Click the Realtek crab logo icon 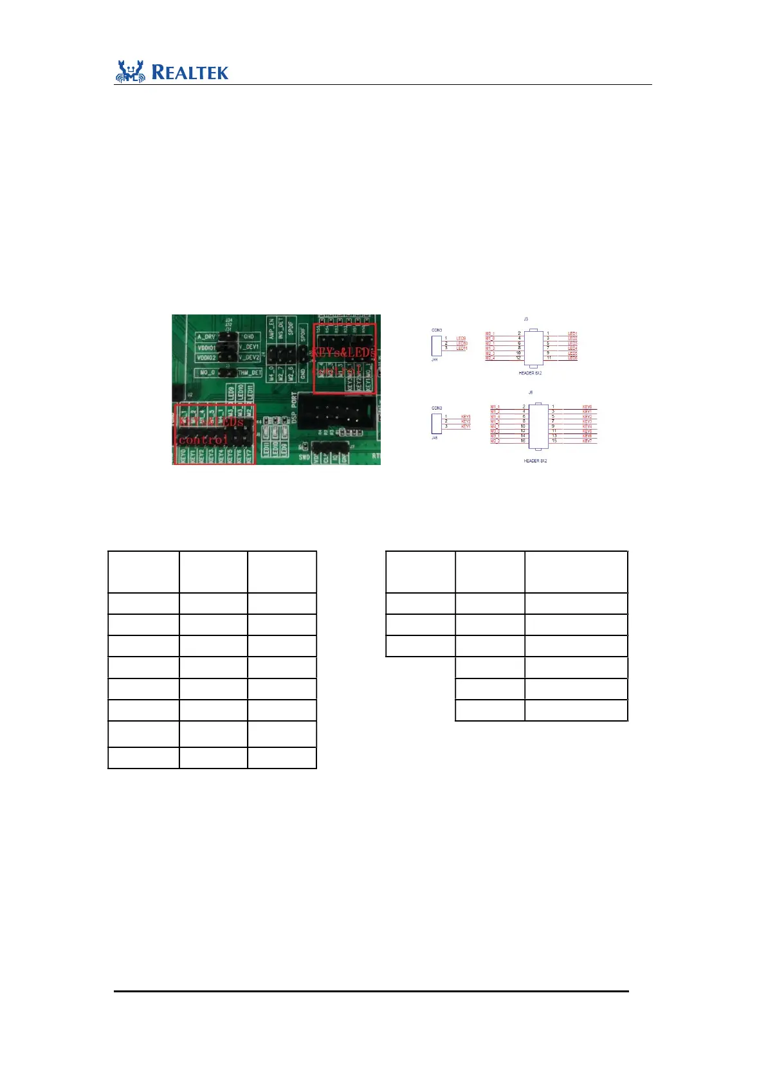131,71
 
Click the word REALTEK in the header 190,72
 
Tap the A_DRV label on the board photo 206,336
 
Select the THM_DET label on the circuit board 250,373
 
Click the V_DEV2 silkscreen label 249,357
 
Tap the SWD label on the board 305,457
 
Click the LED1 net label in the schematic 572,334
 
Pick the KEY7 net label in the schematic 587,441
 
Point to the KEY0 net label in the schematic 587,407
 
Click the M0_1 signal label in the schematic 490,334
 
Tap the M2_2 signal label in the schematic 495,441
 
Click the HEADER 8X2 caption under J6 535,461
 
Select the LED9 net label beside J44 461,338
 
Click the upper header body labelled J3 533,346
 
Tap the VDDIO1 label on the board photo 206,347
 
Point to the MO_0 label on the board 207,372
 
